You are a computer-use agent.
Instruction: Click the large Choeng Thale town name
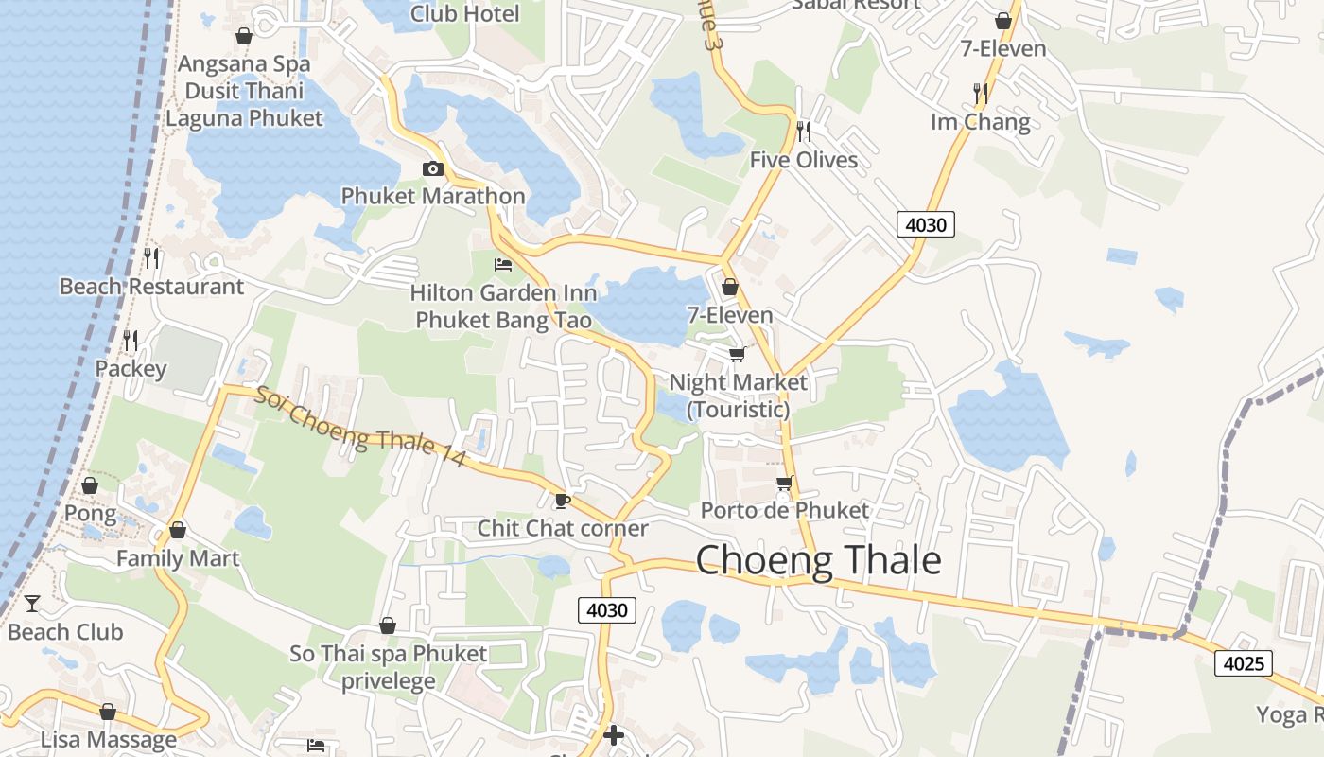pos(818,561)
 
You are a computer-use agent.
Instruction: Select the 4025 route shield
pos(1244,663)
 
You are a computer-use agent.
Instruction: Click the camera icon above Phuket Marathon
pos(433,168)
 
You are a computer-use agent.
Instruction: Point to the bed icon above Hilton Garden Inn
pos(503,264)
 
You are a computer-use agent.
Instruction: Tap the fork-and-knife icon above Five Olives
pos(804,131)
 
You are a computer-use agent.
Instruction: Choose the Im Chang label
pos(980,122)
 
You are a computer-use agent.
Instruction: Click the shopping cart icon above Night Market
pos(737,354)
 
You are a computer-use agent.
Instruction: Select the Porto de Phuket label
pos(784,510)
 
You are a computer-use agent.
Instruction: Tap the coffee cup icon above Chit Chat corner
pos(563,501)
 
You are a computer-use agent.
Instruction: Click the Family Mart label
pos(178,558)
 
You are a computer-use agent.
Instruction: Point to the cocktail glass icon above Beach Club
pos(32,603)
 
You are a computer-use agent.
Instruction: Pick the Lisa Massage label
pos(108,739)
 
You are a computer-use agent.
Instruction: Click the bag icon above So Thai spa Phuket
pos(387,625)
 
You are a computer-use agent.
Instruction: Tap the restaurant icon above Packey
pos(131,340)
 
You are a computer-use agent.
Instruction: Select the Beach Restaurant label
pos(151,286)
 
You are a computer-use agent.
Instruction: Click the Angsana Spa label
pos(244,64)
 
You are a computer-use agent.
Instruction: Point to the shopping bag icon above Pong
pos(90,486)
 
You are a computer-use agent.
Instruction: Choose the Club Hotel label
pos(464,13)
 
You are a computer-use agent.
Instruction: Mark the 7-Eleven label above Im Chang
pos(1003,48)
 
